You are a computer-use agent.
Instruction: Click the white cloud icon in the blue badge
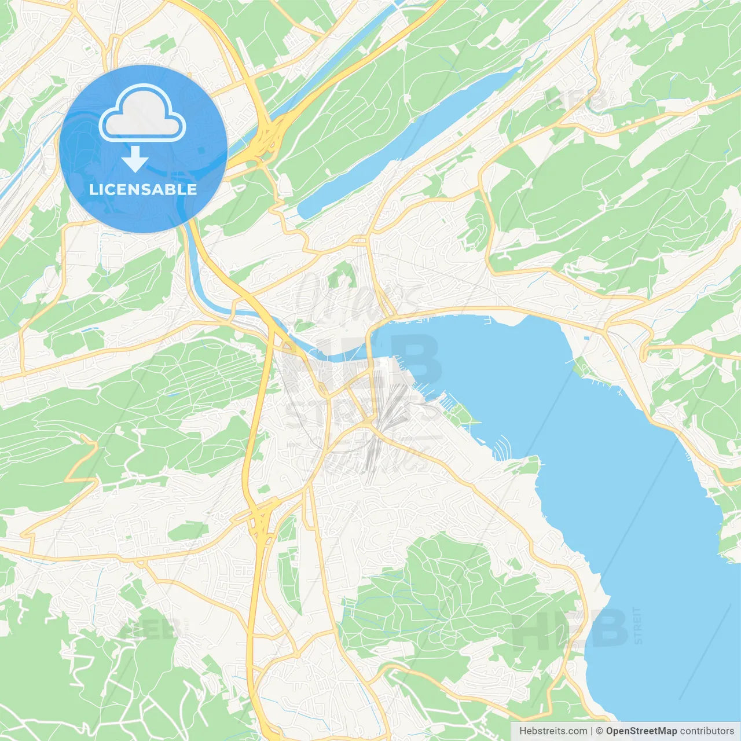tap(142, 113)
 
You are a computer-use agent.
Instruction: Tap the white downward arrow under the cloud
tap(135, 159)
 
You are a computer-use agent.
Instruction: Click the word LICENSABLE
tap(143, 189)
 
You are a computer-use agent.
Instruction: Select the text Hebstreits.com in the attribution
tap(553, 731)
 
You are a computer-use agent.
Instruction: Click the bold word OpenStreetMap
tap(641, 731)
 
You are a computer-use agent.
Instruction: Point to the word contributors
tap(707, 731)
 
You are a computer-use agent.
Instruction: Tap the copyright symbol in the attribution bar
tap(599, 731)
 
